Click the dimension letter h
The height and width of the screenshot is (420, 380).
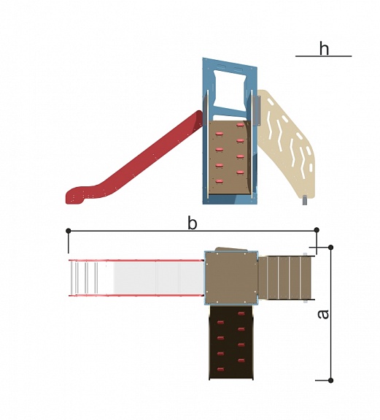324,48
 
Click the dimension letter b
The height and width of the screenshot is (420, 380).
193,223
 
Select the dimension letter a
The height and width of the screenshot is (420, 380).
323,314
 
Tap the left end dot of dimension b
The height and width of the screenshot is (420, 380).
68,231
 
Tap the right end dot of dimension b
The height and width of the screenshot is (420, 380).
317,230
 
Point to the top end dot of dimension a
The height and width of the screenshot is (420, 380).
331,247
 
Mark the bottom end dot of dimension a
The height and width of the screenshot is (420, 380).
331,380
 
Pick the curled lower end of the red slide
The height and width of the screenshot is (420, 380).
76,196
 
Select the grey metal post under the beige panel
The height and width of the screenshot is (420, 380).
305,200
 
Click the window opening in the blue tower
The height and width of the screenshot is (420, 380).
230,91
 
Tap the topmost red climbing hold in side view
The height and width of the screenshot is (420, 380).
240,125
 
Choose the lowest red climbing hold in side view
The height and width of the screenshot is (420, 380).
220,181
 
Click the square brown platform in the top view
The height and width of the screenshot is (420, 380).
231,278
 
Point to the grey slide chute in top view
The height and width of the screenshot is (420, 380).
136,278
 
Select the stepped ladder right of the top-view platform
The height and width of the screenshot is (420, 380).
286,278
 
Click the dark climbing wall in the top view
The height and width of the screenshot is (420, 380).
231,343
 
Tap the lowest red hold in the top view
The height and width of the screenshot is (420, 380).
220,370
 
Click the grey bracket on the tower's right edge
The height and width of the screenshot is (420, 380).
257,110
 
